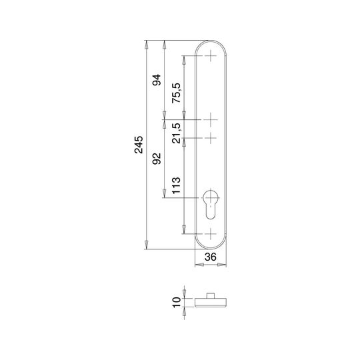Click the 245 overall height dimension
point(139,145)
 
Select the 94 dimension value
point(157,80)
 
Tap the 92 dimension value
point(157,159)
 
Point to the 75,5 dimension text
point(177,93)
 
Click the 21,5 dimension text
point(177,133)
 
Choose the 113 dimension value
point(177,185)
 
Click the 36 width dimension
point(210,257)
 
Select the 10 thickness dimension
point(177,303)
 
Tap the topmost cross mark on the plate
point(211,56)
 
